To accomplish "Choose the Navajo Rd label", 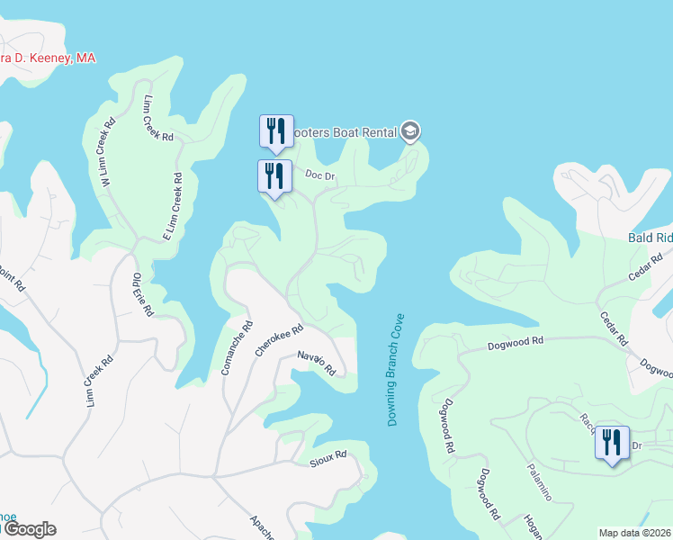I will click(x=317, y=364).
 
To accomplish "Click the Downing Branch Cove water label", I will click(x=396, y=370).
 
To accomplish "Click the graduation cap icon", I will click(x=411, y=132).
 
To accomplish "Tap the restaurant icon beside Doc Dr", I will click(x=274, y=175).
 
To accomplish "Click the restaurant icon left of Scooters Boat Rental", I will click(x=276, y=131).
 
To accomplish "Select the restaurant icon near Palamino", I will click(x=611, y=443).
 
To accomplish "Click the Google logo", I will click(x=29, y=528).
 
